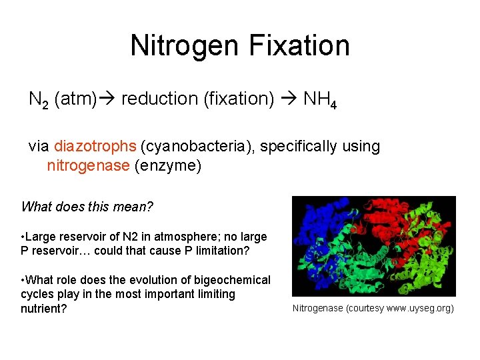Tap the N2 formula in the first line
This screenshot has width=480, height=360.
[38, 99]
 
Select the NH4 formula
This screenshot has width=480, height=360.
[320, 99]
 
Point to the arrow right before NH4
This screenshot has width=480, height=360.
[288, 99]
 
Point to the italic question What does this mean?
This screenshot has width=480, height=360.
[87, 207]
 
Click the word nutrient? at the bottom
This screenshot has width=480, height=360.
[44, 309]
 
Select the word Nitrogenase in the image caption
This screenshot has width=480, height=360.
[317, 309]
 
